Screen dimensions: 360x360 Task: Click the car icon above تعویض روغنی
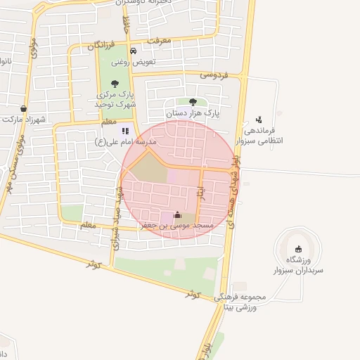coord(134,51)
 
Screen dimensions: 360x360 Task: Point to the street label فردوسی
coord(214,73)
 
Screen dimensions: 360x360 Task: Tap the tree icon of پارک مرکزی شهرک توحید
coord(115,84)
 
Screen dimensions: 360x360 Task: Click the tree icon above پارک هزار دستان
coord(193,102)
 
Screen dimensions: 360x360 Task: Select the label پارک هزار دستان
coord(193,112)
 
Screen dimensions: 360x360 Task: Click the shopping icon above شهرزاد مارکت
coord(25,109)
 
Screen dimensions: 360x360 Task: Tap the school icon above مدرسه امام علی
coord(126,131)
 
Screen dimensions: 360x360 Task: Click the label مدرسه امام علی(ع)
coord(126,142)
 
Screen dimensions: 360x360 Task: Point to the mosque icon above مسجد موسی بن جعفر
coord(176,215)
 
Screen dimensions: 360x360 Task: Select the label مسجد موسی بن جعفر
coord(176,226)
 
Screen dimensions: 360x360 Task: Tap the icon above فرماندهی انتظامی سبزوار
coord(259,120)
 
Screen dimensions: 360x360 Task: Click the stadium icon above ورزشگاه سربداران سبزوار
coord(298,247)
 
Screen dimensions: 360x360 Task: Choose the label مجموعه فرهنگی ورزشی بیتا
coord(243,302)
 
